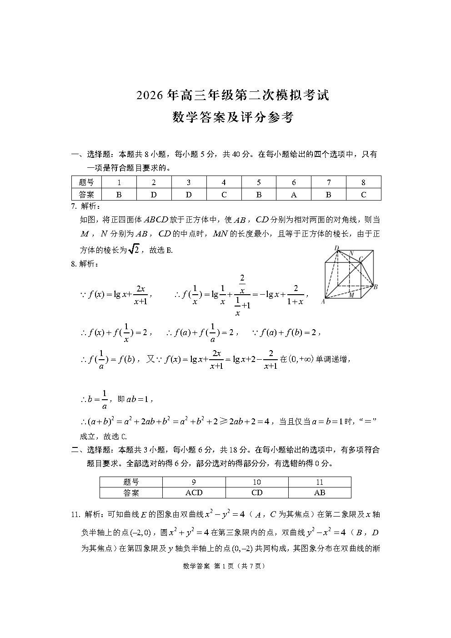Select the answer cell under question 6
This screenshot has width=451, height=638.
(294, 195)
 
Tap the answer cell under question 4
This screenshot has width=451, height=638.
(224, 195)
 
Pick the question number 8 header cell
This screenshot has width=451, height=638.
(363, 182)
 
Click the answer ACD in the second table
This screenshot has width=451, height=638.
(194, 492)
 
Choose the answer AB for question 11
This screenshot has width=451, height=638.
(320, 492)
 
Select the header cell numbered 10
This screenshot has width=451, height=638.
(257, 482)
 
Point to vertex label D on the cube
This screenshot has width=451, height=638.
(337, 248)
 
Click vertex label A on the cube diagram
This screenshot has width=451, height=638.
(323, 301)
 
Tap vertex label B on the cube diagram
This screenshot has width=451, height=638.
(376, 286)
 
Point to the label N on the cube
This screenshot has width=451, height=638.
(351, 253)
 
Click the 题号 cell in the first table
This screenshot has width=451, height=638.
(86, 182)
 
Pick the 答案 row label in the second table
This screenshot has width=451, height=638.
(131, 492)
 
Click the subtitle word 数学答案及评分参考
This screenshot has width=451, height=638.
(233, 118)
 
